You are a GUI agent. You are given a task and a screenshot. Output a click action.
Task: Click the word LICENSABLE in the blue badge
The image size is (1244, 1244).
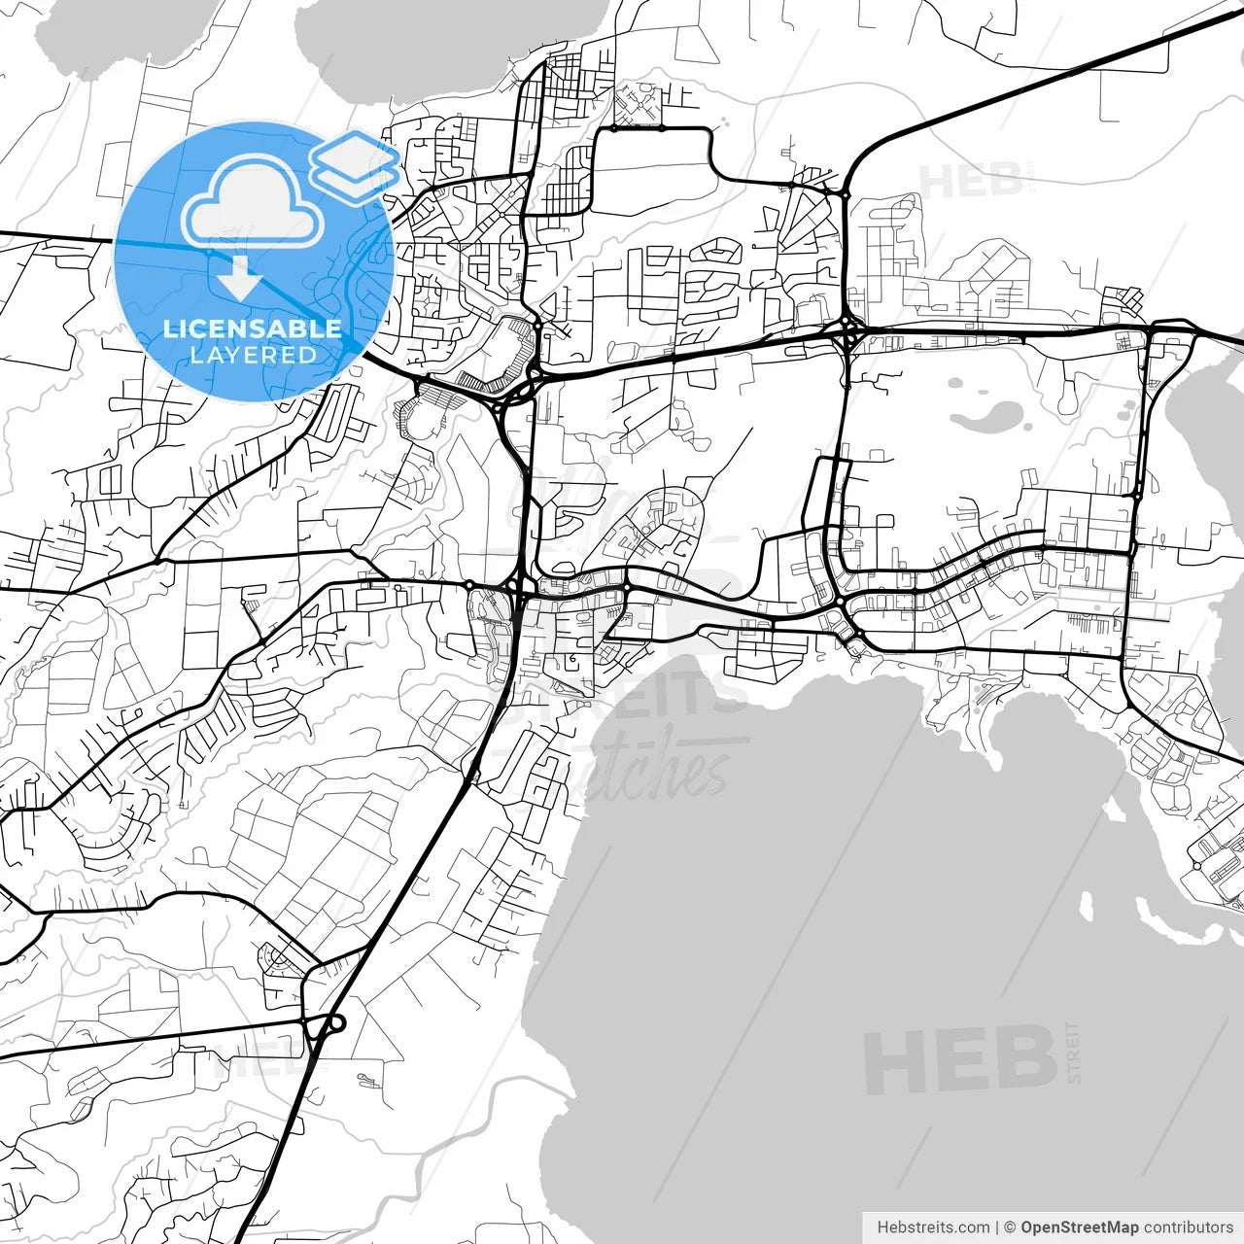tap(253, 328)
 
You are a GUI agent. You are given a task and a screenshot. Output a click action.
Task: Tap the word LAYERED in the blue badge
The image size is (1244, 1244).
tap(253, 355)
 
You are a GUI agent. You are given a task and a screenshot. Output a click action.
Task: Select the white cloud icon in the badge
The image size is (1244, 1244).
tap(253, 202)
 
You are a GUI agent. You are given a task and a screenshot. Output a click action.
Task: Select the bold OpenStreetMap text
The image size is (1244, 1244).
tap(1079, 1227)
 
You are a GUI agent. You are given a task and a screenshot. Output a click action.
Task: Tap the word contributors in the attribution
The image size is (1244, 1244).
tap(1188, 1227)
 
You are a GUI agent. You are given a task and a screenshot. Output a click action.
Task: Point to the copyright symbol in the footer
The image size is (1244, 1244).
tap(1010, 1227)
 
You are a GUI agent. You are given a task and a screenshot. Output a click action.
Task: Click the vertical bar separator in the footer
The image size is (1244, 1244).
tap(997, 1227)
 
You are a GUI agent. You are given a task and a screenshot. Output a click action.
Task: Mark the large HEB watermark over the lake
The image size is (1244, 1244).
tap(959, 1060)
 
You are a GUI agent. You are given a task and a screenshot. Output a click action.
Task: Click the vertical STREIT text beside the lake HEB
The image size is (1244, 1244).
tap(1073, 1052)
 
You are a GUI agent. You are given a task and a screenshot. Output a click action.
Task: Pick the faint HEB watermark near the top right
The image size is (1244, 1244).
tap(969, 182)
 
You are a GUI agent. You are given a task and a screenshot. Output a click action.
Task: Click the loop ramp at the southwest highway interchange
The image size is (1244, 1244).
tap(333, 1023)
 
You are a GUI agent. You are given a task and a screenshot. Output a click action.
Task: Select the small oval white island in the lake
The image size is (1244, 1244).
tap(1087, 907)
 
